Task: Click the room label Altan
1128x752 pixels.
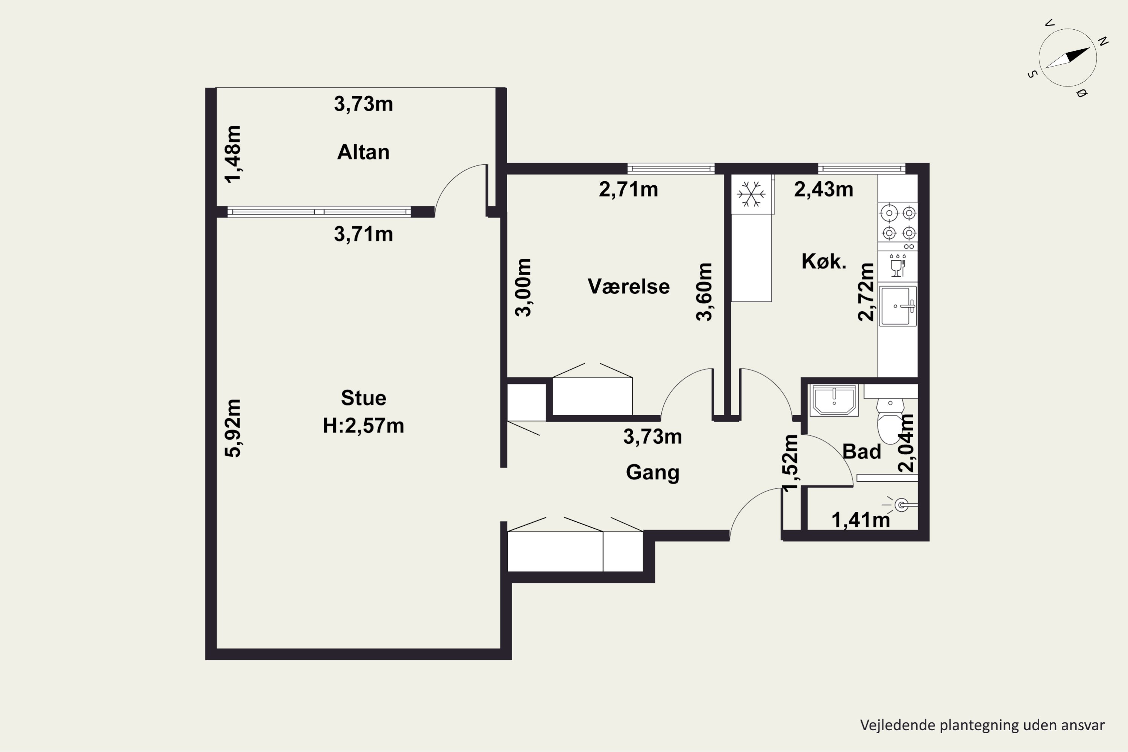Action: (x=363, y=152)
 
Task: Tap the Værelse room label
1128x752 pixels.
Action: (x=628, y=286)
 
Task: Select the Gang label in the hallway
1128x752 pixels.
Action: (x=652, y=472)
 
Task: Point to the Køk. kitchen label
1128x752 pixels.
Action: (x=823, y=261)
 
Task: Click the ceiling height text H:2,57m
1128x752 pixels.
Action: (x=363, y=425)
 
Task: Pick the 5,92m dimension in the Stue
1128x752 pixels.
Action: (x=233, y=428)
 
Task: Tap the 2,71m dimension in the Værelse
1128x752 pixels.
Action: (x=628, y=190)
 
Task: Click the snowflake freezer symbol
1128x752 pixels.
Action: (x=751, y=194)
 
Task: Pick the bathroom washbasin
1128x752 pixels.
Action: (x=834, y=399)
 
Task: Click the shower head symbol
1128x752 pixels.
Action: (x=901, y=505)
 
